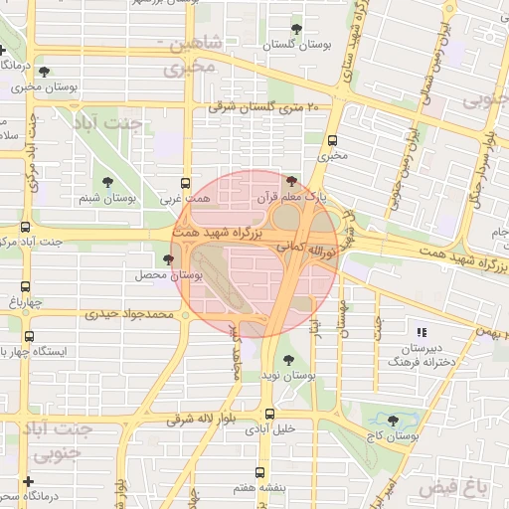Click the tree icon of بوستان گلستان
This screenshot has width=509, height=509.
(x=295, y=29)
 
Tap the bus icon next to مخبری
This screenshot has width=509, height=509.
(x=332, y=140)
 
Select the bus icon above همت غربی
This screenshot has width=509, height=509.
(x=185, y=183)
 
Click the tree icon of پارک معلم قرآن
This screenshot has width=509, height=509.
(x=290, y=181)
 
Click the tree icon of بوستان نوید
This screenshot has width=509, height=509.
(x=288, y=360)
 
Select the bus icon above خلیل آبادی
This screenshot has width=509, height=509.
(x=268, y=414)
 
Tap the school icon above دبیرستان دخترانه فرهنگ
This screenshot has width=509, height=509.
(x=420, y=332)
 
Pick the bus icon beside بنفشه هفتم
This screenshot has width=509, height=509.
(x=260, y=472)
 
